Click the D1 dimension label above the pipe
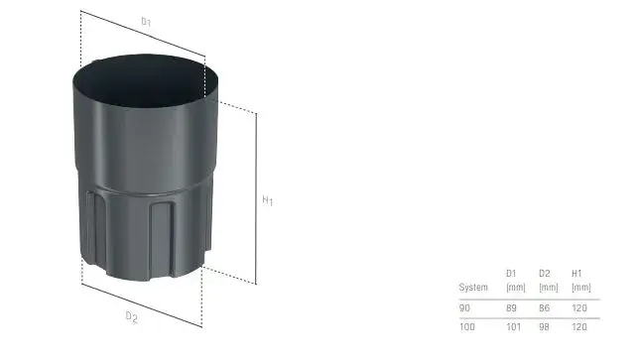pyautogui.click(x=146, y=22)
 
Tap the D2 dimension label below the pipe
pyautogui.click(x=131, y=317)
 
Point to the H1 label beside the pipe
pyautogui.click(x=268, y=200)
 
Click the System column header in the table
pyautogui.click(x=473, y=287)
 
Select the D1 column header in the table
pyautogui.click(x=511, y=274)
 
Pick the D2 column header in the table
pyautogui.click(x=545, y=274)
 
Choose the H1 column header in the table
pyautogui.click(x=576, y=274)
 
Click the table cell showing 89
pyautogui.click(x=511, y=308)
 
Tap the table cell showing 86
pyautogui.click(x=545, y=308)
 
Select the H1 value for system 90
pyautogui.click(x=579, y=308)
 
